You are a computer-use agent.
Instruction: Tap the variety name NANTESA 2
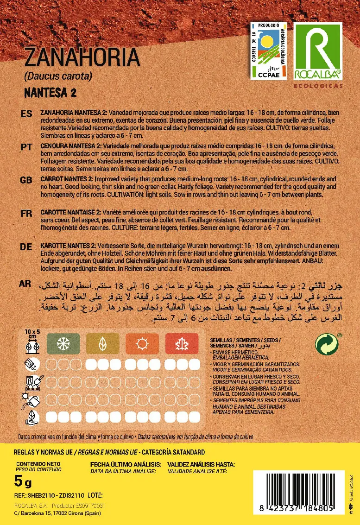point(50,92)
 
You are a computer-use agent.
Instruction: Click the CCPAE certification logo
point(268,51)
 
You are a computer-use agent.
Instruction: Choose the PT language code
point(26,147)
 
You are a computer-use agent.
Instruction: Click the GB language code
point(26,180)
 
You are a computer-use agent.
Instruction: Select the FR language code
point(26,213)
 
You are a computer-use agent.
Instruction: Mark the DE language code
point(26,247)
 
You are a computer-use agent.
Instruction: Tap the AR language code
point(26,283)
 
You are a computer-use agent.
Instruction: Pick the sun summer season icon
point(141,343)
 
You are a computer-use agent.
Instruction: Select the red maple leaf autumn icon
point(180,343)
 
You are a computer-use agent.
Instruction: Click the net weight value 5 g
point(23,483)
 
